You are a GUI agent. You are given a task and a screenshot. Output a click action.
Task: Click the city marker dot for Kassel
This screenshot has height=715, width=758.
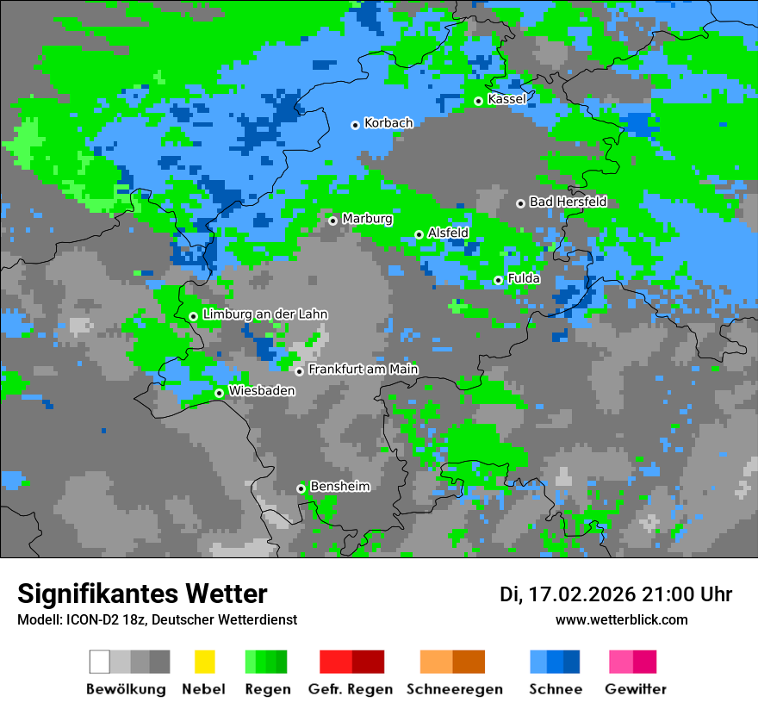(478, 101)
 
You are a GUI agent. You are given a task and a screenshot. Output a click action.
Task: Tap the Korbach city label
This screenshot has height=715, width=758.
(388, 123)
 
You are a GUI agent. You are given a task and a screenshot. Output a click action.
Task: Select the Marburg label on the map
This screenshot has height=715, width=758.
(367, 219)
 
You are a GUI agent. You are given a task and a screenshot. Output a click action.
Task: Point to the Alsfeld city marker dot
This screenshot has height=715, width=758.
(419, 234)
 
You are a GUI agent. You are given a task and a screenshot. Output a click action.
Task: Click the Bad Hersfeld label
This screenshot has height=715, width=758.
(568, 202)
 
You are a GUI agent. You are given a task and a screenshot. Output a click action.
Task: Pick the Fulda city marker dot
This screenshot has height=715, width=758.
(498, 280)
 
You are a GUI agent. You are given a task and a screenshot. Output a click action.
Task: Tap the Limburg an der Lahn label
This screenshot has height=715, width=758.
(265, 314)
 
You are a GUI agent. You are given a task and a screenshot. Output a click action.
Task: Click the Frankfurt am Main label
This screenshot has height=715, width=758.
(363, 370)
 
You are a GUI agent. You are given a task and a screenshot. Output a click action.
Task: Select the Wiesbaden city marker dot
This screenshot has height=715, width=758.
(219, 393)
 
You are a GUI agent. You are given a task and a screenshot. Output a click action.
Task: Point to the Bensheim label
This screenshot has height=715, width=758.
(339, 487)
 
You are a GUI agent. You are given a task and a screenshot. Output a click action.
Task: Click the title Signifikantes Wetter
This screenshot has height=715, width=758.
(142, 594)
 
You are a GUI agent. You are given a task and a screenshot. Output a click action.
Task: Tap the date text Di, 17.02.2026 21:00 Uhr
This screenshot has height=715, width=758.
(615, 594)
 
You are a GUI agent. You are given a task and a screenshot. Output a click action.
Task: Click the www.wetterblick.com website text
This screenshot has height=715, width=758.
(621, 619)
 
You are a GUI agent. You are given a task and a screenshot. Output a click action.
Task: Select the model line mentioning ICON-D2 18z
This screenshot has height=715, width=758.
(157, 619)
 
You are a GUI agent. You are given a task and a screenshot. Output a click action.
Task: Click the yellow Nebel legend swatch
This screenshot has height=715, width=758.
(204, 662)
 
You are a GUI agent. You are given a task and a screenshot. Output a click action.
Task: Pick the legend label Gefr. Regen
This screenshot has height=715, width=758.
(351, 689)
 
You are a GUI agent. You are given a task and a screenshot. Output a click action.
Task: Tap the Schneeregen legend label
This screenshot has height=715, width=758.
(454, 689)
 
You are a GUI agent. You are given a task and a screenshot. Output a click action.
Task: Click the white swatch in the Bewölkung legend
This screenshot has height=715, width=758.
(100, 662)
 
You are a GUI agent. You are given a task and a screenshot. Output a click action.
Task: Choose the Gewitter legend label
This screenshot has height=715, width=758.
(635, 689)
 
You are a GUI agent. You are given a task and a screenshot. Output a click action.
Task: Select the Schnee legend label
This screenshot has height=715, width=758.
(555, 689)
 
